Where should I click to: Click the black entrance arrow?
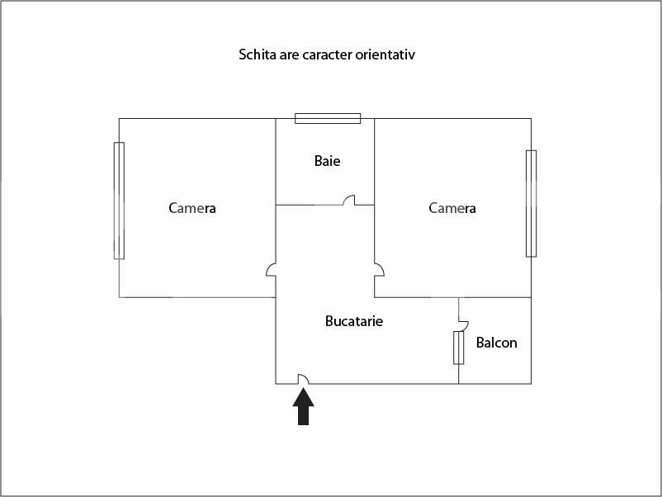(x=303, y=406)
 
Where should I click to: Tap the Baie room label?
(x=327, y=161)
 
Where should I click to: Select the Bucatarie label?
(x=354, y=321)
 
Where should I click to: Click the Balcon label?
(x=497, y=343)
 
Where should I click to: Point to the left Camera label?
(x=192, y=208)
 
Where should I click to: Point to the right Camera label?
(x=452, y=208)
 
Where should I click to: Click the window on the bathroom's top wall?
(x=328, y=118)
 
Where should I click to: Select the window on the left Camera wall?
(x=119, y=201)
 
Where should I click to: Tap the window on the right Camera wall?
(x=531, y=204)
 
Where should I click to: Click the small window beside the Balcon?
(x=458, y=348)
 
